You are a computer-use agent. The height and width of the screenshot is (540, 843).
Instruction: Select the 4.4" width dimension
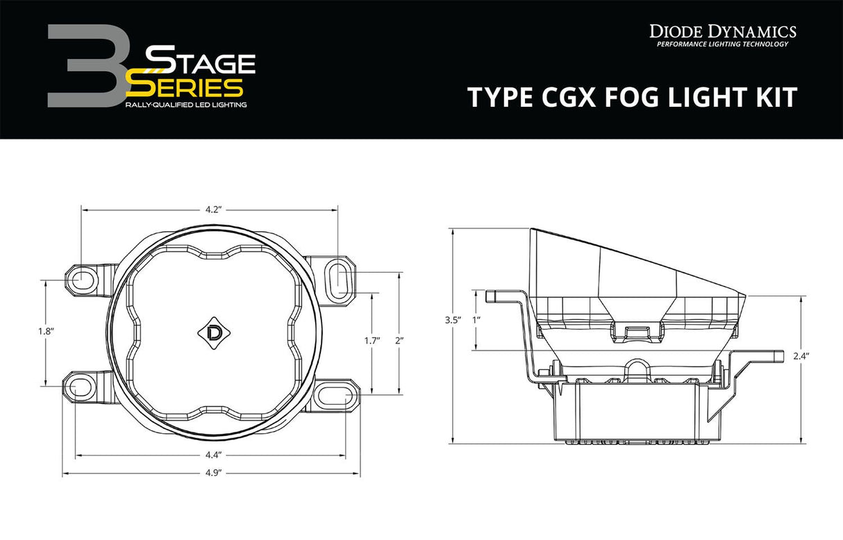[212, 455]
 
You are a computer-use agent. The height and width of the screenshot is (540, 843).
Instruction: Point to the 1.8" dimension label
[46, 331]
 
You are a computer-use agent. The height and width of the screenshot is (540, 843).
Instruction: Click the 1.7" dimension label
[372, 340]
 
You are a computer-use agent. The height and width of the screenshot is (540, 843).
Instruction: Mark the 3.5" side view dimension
[452, 320]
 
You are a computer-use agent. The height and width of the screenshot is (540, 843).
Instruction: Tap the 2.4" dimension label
[801, 355]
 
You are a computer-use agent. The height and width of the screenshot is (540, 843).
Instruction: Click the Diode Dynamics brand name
[722, 31]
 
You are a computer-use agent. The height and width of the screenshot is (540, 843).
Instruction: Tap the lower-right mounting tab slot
[339, 396]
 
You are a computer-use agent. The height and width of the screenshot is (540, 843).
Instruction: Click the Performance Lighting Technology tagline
[722, 44]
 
